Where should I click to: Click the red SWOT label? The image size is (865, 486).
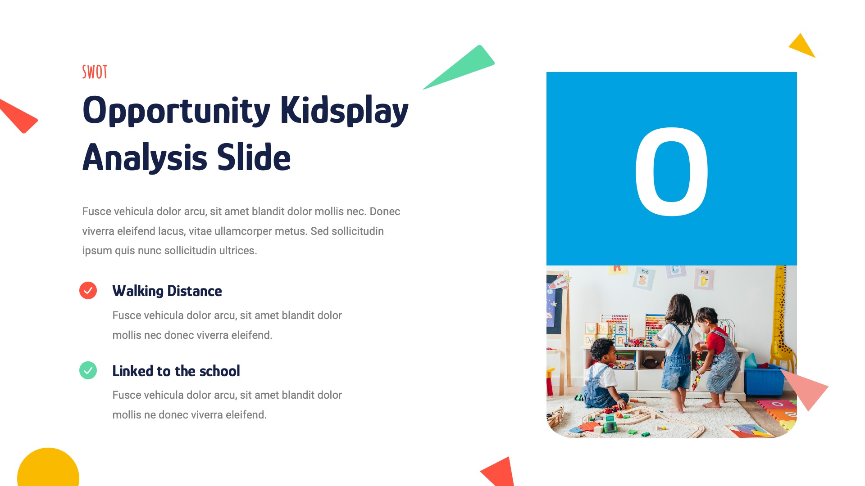95,72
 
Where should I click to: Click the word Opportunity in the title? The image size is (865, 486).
176,111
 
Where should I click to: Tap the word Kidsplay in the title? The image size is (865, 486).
344,111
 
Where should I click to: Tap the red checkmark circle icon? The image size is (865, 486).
88,291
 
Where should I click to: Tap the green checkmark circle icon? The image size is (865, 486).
88,370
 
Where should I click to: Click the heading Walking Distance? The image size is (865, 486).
167,291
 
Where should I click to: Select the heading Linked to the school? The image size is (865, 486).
176,371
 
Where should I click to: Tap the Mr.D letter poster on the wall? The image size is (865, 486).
704,279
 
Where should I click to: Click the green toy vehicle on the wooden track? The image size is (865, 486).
610,423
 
